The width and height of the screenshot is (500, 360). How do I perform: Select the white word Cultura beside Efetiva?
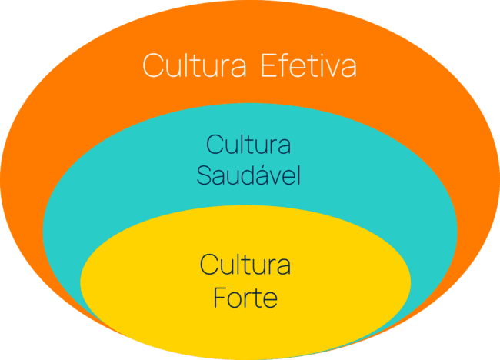[195, 65]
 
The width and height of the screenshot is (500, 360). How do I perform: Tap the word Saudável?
[248, 175]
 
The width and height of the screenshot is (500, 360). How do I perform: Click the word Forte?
[245, 297]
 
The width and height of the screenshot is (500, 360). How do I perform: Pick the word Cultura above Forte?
[245, 265]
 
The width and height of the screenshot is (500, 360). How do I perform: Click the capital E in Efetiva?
[267, 65]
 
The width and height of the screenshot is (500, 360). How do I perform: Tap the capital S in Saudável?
[203, 176]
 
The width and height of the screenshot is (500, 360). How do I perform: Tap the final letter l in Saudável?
[297, 175]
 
